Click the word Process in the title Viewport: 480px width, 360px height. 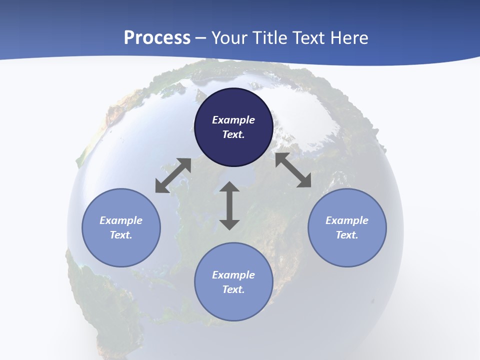(157, 38)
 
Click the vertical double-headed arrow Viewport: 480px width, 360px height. (229, 205)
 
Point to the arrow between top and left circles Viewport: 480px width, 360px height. (173, 175)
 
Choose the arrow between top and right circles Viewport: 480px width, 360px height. (293, 170)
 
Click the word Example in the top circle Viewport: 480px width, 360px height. (233, 120)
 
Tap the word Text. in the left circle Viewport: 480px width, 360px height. (121, 235)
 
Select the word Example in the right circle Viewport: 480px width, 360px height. (347, 220)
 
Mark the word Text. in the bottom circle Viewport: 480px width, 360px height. (233, 289)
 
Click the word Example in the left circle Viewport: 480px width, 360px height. (121, 220)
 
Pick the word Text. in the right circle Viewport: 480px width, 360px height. (347, 235)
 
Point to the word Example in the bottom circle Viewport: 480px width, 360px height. (233, 275)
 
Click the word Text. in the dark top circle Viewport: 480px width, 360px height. (233, 134)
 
